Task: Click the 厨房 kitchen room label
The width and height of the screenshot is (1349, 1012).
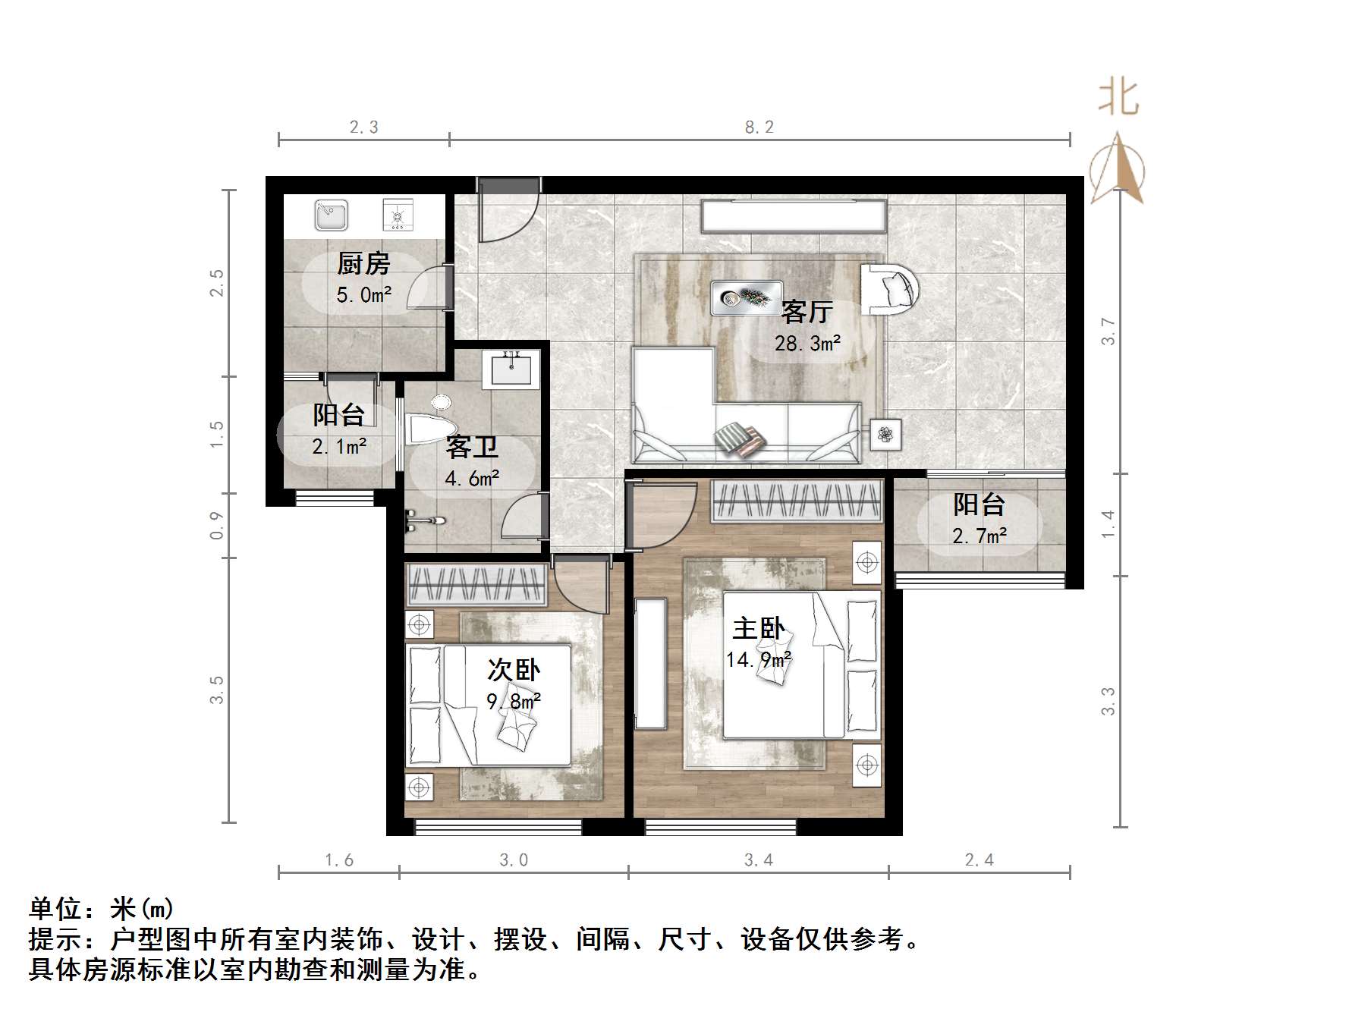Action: coord(363,264)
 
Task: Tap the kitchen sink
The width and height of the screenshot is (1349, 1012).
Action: coord(331,215)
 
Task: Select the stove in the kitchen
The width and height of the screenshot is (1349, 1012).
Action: coord(396,215)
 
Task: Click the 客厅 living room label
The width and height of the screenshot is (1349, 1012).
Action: coord(807,311)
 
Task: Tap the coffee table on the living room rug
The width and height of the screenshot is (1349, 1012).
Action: coord(746,298)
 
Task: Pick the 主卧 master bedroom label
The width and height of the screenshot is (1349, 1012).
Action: coord(758,629)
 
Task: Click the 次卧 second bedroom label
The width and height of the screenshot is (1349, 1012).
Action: coord(514,670)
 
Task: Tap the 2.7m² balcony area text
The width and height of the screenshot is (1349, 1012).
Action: coord(980,536)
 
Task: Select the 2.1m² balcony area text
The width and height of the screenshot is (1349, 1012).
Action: coord(339,446)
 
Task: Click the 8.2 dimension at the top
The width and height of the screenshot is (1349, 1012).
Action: coord(759,127)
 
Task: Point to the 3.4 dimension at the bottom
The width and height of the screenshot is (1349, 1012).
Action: coord(758,860)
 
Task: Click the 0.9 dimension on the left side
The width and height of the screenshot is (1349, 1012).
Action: coord(217,525)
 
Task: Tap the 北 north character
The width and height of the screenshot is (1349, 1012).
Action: coord(1118,99)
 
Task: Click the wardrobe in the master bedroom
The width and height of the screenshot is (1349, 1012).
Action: coord(797,501)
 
